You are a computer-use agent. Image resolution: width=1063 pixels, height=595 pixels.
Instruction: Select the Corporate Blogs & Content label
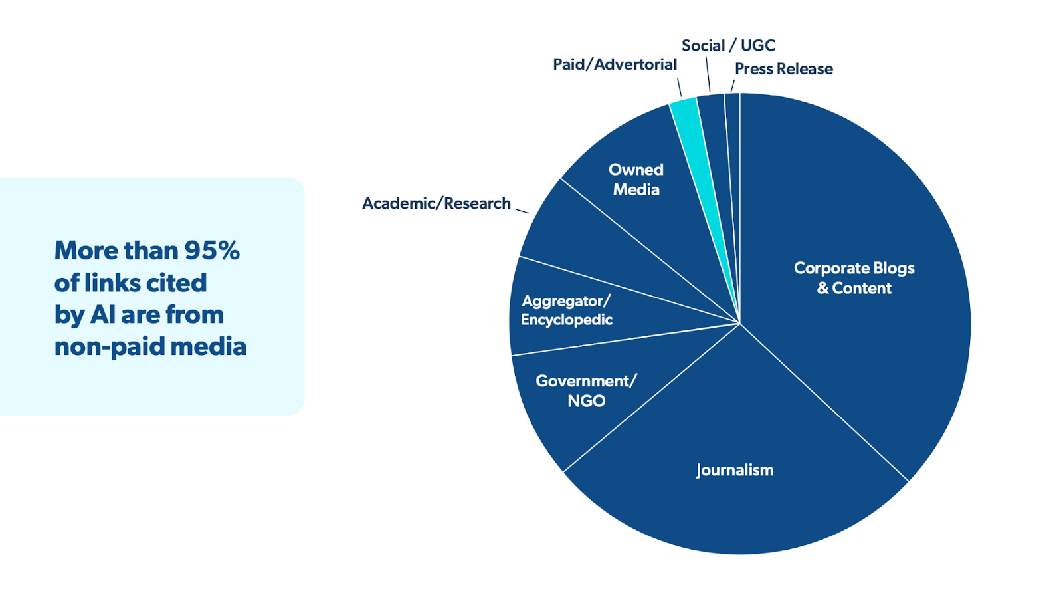click(854, 278)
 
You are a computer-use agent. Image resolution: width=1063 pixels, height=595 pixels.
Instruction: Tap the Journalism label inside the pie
click(734, 470)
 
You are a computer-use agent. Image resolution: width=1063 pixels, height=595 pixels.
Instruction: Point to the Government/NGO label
click(586, 390)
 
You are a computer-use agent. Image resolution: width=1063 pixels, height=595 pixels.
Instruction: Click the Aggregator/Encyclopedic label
click(566, 310)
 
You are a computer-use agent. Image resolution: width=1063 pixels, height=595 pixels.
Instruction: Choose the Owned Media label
click(636, 179)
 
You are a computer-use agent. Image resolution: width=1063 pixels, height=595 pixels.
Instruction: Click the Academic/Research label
click(436, 203)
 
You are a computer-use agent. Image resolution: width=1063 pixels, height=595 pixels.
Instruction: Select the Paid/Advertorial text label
click(615, 64)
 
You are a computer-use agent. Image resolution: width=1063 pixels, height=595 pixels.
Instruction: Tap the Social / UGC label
click(728, 45)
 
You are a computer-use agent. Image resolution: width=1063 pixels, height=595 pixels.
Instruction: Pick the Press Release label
click(783, 69)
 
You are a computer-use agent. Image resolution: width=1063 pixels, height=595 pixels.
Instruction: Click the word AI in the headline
click(103, 315)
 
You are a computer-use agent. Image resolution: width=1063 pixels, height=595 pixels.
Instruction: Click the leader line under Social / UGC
click(708, 74)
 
